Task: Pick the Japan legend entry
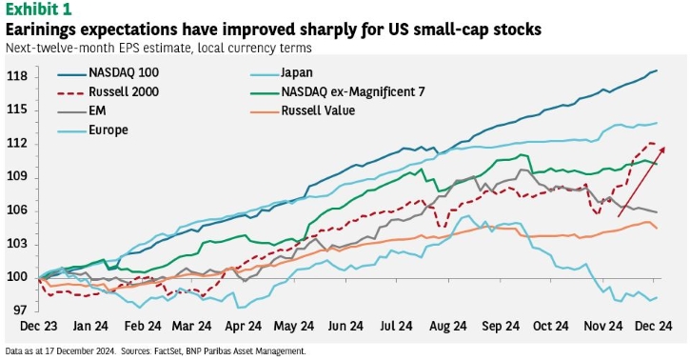[x=297, y=70]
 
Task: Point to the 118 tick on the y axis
[x=17, y=76]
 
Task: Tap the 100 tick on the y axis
[x=17, y=277]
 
